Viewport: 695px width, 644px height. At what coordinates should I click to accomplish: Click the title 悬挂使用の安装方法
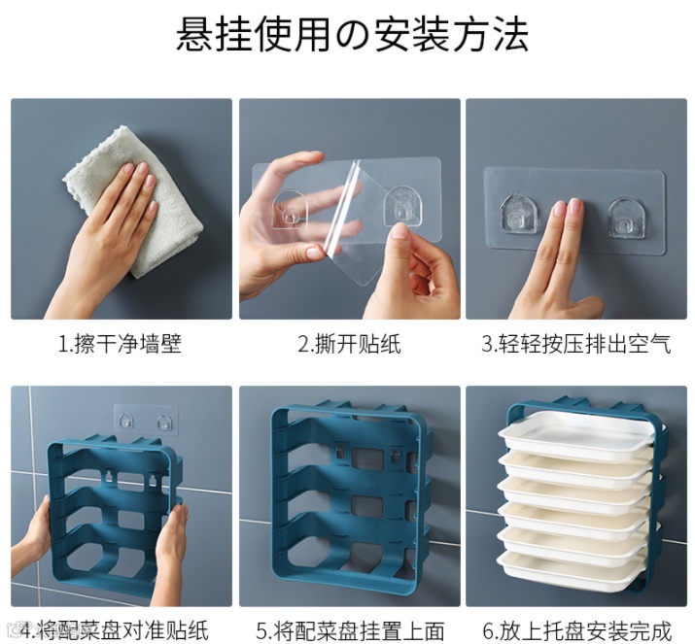353,35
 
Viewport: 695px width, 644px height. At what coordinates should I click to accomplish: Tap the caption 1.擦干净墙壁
121,344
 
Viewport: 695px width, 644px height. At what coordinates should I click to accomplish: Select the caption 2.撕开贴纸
349,344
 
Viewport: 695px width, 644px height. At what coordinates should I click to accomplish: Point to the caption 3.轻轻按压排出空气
576,344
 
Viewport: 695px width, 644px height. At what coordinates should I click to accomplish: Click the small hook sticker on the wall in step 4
145,420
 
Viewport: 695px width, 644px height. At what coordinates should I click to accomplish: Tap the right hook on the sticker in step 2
402,207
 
